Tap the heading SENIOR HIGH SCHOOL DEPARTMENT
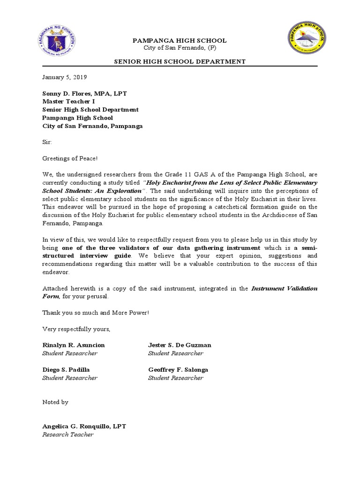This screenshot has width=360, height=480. pos(180,61)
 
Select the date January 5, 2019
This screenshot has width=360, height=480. pos(64,77)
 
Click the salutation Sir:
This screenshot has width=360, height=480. pos(47,142)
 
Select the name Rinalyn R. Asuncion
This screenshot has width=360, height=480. pos(74,345)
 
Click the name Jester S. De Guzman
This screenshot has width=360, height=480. pos(180,345)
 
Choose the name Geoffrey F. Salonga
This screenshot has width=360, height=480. pos(178,369)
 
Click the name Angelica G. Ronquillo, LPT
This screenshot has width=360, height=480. pos(84,426)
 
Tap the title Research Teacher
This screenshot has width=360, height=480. pos(68,435)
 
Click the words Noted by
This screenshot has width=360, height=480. pos(55,402)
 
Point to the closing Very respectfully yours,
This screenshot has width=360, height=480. pos(76,329)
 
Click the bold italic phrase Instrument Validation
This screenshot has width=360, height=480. pos(284,288)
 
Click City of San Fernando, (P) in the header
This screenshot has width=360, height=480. pos(180,48)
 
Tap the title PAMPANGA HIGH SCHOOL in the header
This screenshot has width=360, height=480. pos(180,41)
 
